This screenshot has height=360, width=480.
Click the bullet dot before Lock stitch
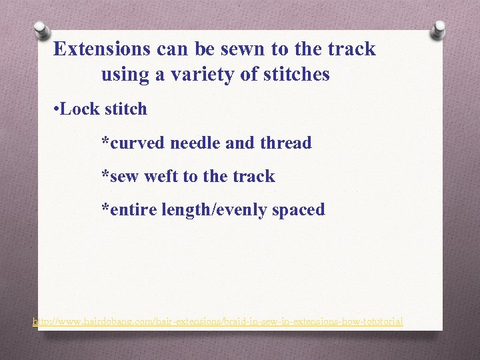coord(55,109)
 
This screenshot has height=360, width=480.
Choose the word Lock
coord(78,109)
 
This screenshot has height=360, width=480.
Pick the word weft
coord(161,177)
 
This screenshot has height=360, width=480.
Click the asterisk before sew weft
coord(104,175)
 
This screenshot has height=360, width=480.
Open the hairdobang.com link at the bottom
coord(217,321)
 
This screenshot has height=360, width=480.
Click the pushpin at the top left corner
coord(41,29)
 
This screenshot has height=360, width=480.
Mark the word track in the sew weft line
coord(253,177)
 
